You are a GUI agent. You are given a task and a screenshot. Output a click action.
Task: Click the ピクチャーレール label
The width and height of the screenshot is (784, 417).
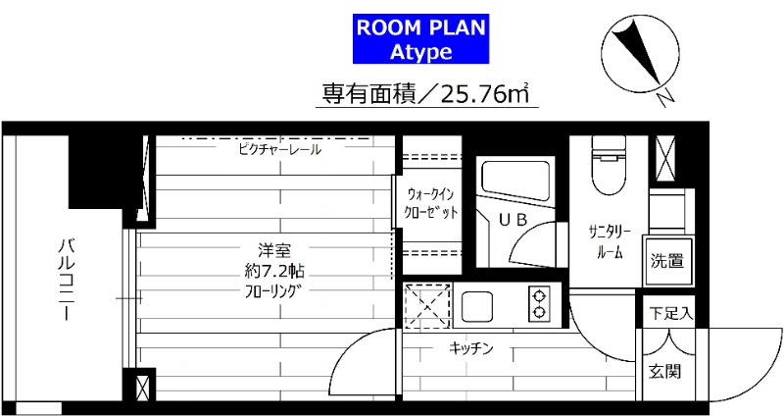click(x=279, y=150)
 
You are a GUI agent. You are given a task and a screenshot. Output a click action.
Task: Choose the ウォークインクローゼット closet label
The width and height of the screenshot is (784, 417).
click(x=432, y=202)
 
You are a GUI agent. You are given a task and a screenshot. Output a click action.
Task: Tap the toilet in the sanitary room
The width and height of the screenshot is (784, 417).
click(x=610, y=167)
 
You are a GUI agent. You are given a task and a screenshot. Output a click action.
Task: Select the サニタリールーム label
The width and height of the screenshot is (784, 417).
click(x=610, y=241)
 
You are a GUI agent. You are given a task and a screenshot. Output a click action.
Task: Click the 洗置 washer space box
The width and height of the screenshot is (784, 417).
click(x=669, y=261)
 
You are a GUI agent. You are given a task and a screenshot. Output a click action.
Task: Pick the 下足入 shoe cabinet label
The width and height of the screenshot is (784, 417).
click(x=672, y=315)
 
